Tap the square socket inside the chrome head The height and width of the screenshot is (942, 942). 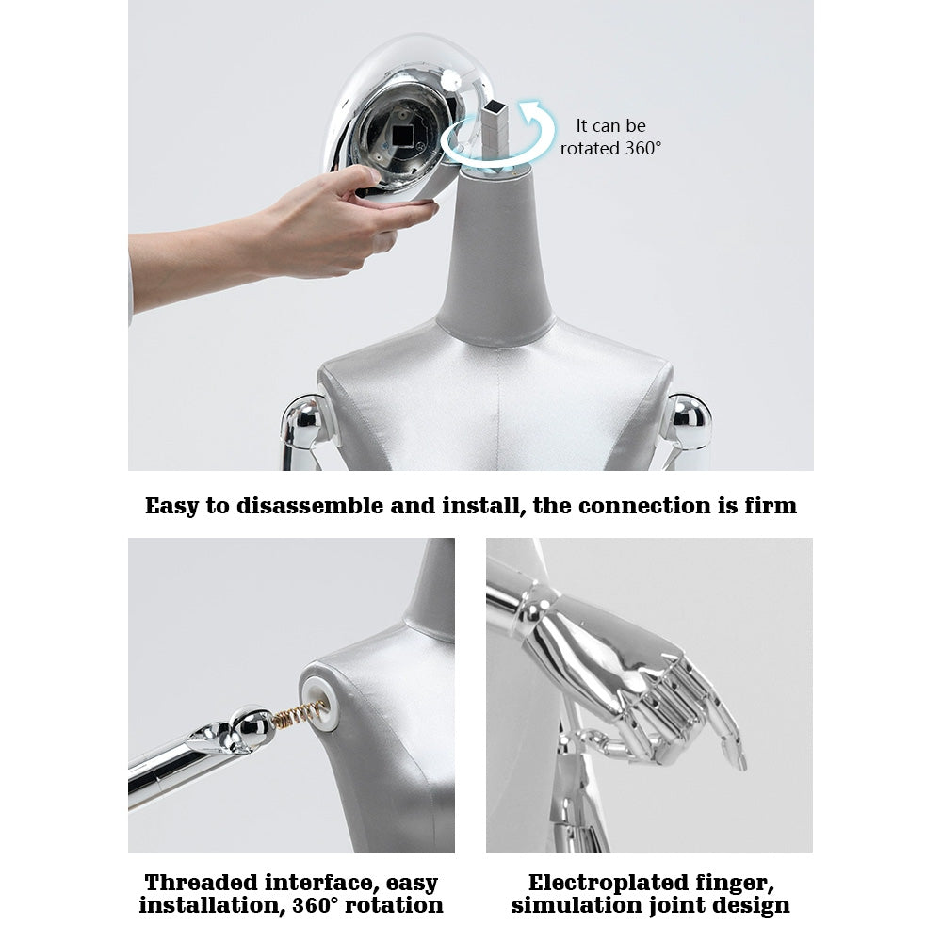tap(400, 137)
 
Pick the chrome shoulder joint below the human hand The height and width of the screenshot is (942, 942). tap(307, 424)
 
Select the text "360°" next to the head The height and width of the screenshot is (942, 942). tap(643, 149)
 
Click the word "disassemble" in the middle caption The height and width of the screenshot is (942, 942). tap(310, 506)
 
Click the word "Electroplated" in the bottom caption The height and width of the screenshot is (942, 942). tap(609, 883)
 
